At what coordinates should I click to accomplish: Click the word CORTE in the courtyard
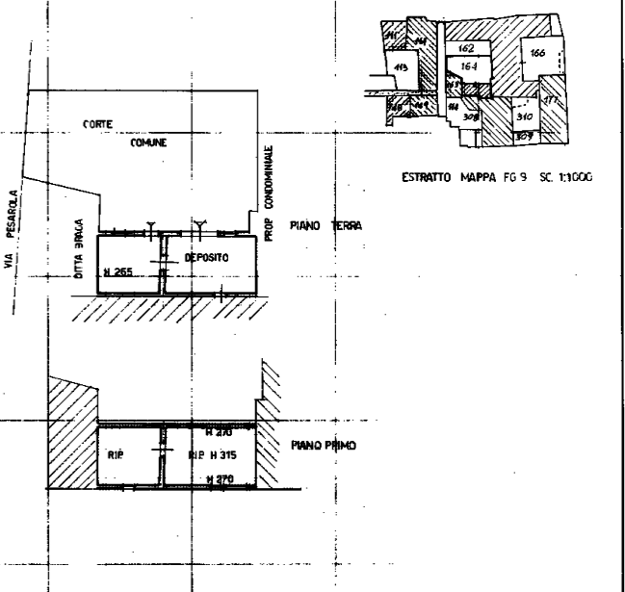[x=99, y=126]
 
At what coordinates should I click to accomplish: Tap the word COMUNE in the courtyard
[x=148, y=142]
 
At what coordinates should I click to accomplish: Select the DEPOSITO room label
[x=205, y=258]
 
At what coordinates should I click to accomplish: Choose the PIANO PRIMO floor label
[x=323, y=447]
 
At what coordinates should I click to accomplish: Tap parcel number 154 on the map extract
[x=468, y=66]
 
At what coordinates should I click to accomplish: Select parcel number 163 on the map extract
[x=536, y=54]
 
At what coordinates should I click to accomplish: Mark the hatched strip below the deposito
[x=169, y=310]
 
